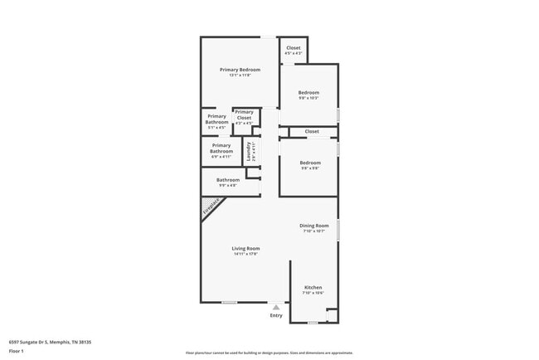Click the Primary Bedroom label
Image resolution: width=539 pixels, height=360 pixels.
(240, 70)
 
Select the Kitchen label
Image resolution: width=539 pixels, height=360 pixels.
(313, 288)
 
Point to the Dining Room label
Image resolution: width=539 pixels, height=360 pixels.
(314, 226)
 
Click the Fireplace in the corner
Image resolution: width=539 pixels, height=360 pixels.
(212, 209)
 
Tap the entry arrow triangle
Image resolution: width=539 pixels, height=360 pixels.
(276, 307)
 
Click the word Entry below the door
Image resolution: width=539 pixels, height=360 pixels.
(276, 315)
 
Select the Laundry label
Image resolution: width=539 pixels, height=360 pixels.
(249, 151)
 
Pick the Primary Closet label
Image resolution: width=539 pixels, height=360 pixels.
(244, 114)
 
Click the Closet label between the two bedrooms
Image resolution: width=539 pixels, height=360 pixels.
(312, 131)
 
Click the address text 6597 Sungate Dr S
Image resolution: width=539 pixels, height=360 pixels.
(50, 342)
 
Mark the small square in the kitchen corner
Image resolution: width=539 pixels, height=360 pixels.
(332, 315)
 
